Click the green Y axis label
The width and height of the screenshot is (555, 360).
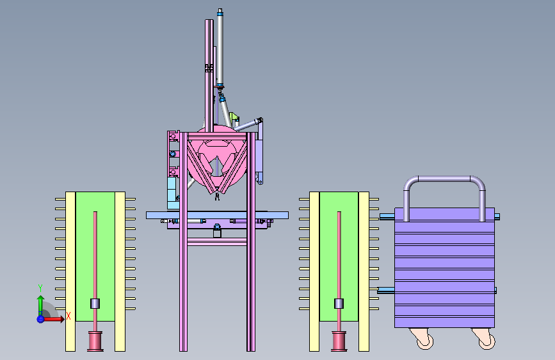tap(40, 288)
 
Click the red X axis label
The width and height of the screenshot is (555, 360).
tap(68, 316)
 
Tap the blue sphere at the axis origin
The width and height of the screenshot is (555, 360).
tap(40, 319)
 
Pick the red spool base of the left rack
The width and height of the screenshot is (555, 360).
tap(95, 341)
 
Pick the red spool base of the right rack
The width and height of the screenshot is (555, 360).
tap(339, 341)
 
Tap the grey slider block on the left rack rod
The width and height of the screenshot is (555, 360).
tap(95, 304)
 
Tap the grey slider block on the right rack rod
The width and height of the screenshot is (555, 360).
tap(339, 304)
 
